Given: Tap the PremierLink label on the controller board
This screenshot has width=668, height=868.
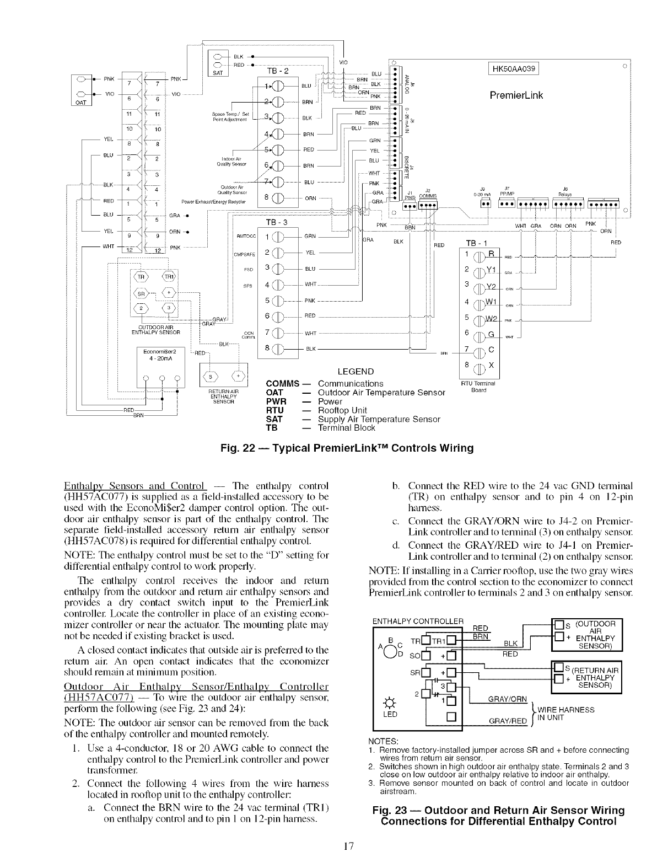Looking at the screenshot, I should coord(516,95).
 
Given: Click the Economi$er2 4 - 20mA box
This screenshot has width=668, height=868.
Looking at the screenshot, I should coord(159,355).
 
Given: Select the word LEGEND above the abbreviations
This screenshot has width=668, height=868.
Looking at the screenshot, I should coord(355,371).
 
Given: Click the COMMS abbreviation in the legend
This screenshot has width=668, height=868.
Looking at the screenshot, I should coord(282,384).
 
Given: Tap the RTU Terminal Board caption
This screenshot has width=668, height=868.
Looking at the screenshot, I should coord(477,387).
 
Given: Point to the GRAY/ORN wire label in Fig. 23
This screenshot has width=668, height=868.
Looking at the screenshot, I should coord(505,699).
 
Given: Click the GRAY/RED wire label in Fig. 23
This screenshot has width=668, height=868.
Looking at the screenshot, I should coord(505,721).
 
